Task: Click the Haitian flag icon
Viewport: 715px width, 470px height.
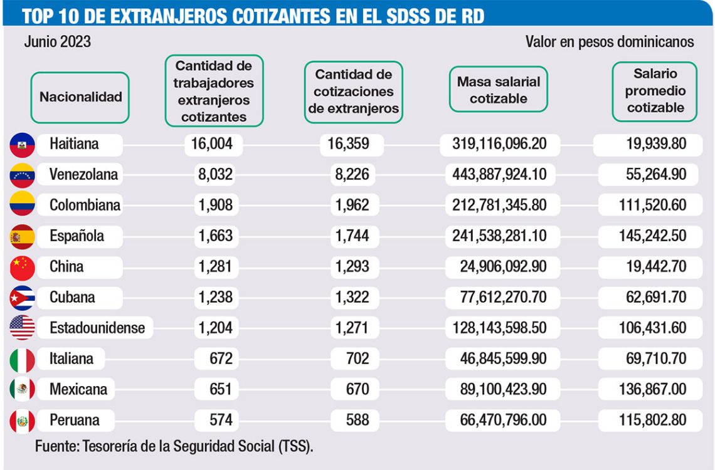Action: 23,145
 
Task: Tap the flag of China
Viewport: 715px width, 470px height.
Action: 23,268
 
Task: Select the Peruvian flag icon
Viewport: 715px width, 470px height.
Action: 23,420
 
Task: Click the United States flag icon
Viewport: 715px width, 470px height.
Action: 23,328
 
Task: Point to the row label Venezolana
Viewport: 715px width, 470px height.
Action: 83,175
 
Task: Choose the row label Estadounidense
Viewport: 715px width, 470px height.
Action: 97,328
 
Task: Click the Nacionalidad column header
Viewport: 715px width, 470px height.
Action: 80,97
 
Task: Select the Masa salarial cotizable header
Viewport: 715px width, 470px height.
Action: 499,90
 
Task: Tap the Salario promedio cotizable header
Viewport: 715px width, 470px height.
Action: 655,91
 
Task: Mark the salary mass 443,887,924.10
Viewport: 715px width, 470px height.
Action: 499,175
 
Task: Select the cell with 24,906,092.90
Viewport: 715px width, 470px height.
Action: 502,267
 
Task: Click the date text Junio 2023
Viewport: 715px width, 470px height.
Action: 58,42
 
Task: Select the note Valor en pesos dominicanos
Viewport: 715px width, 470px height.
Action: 610,42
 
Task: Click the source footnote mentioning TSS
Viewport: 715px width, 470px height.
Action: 174,447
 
